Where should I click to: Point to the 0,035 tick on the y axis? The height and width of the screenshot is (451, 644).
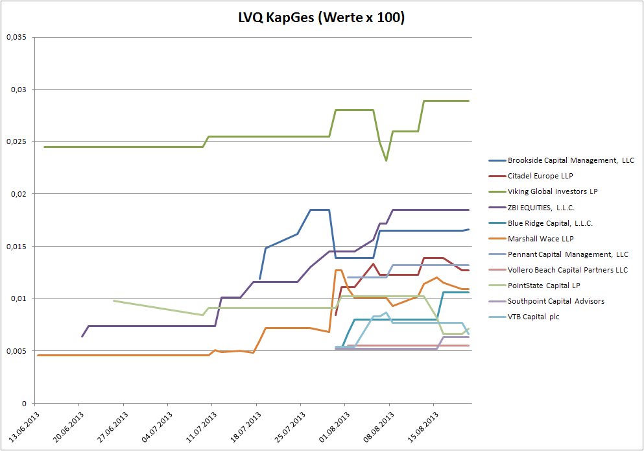16,37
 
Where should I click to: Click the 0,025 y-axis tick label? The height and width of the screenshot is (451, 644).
16,141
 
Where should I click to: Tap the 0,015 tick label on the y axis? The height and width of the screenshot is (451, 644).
16,246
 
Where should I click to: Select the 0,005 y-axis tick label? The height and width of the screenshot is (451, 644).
16,351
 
